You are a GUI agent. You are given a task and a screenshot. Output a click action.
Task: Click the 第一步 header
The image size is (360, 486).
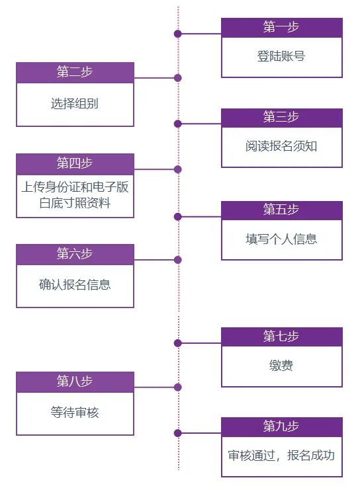pyautogui.click(x=281, y=27)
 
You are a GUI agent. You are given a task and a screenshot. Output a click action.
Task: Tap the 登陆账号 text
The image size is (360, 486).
pyautogui.click(x=281, y=57)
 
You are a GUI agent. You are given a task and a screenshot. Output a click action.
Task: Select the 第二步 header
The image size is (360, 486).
pyautogui.click(x=75, y=72)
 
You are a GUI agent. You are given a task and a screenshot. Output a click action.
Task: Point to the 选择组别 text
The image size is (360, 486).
pyautogui.click(x=75, y=104)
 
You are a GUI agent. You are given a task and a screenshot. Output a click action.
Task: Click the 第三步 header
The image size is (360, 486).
pyautogui.click(x=281, y=118)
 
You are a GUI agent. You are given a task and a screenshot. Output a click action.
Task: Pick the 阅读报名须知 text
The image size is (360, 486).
pyautogui.click(x=281, y=146)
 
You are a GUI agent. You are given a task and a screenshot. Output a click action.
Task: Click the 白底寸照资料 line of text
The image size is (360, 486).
pyautogui.click(x=75, y=203)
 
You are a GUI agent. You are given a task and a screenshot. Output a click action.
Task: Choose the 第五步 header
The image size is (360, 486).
pyautogui.click(x=281, y=210)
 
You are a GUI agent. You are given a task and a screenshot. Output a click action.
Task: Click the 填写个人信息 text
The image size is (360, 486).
pyautogui.click(x=281, y=239)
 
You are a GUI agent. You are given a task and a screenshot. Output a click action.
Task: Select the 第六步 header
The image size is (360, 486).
pyautogui.click(x=75, y=254)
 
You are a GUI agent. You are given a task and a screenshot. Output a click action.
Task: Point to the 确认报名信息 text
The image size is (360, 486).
pyautogui.click(x=75, y=285)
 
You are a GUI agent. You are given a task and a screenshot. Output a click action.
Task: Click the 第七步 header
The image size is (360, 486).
pyautogui.click(x=281, y=337)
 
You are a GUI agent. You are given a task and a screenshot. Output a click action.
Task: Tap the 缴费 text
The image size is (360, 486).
pyautogui.click(x=281, y=366)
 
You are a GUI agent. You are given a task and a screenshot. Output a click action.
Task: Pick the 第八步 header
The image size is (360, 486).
pyautogui.click(x=75, y=382)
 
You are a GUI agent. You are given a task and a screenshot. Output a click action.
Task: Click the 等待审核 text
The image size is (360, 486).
pyautogui.click(x=75, y=413)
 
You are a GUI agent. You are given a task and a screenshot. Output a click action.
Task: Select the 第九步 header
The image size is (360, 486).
pyautogui.click(x=281, y=426)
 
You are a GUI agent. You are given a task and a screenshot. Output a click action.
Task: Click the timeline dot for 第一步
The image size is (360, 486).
pyautogui.click(x=177, y=33)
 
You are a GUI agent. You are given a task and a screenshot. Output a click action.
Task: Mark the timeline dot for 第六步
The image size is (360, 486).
pyautogui.click(x=177, y=260)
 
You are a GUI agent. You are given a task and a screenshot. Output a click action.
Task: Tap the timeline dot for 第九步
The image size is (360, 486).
pyautogui.click(x=177, y=433)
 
